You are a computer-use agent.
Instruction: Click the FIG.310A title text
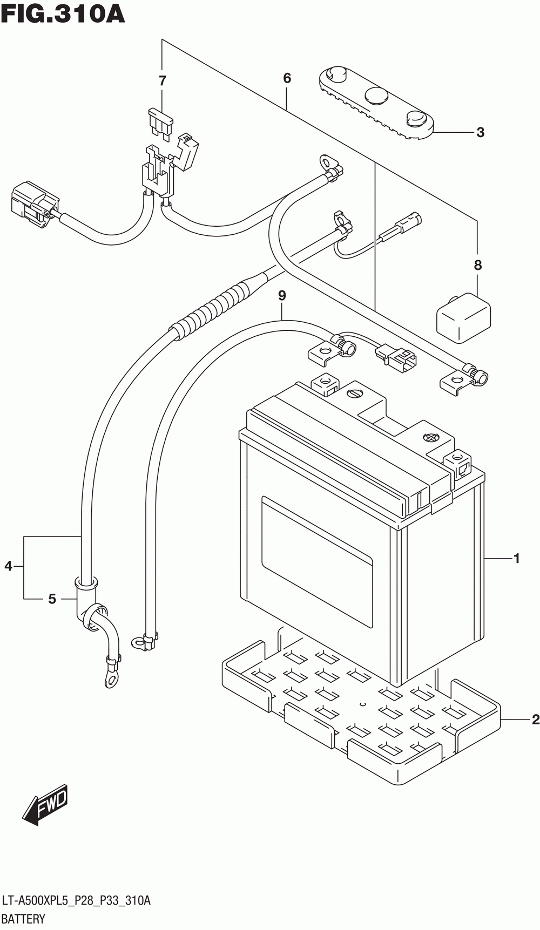(63, 15)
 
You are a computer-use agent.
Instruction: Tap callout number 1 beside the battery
(517, 559)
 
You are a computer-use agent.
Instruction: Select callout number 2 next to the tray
(535, 719)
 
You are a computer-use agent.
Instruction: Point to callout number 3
(480, 132)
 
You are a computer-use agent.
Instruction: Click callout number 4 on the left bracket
(8, 566)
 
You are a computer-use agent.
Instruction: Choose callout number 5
(52, 599)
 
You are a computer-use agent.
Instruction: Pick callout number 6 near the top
(287, 78)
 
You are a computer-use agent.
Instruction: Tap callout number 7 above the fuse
(162, 81)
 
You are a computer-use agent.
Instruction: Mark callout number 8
(477, 265)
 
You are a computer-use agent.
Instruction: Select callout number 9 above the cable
(281, 296)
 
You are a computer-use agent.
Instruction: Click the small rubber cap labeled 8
(464, 318)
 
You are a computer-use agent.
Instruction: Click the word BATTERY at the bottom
(24, 919)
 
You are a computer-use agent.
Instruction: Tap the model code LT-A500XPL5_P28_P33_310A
(76, 900)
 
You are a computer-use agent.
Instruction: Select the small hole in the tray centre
(363, 704)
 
